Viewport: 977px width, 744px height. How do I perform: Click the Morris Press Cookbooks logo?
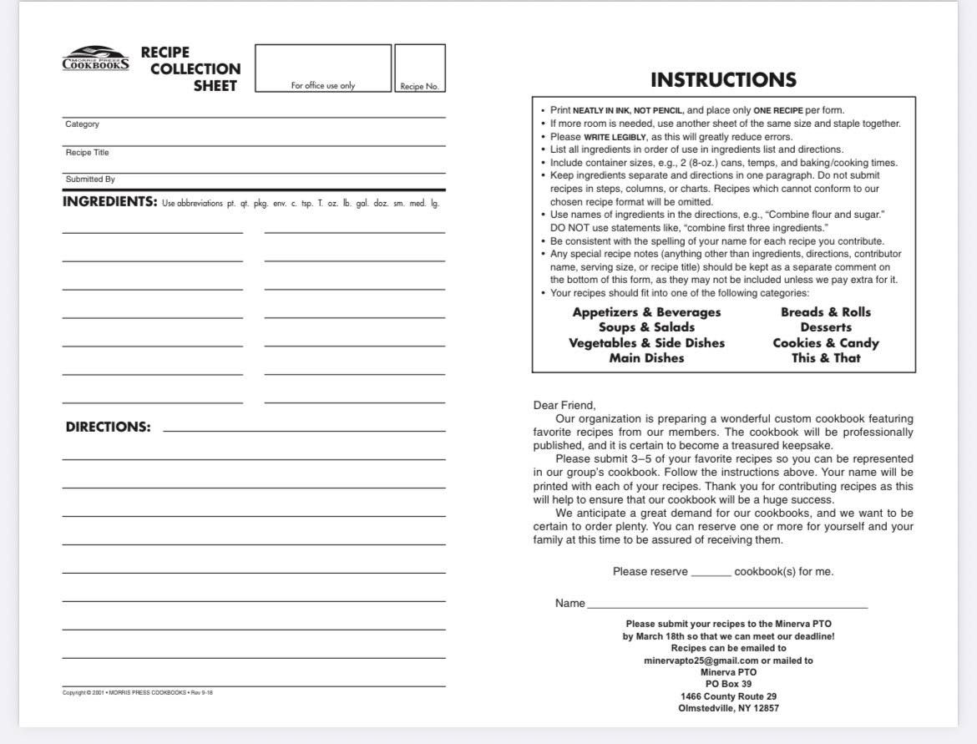[x=96, y=58]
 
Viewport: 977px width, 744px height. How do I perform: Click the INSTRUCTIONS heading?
[x=723, y=80]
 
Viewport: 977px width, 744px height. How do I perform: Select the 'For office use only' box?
[x=323, y=68]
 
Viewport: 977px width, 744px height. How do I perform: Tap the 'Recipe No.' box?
[x=419, y=68]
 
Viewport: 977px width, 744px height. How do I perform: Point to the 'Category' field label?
[x=82, y=124]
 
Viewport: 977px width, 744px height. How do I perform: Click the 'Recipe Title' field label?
[x=87, y=153]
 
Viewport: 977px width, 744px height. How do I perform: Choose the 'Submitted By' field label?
[x=90, y=180]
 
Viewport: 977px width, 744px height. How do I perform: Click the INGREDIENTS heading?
[x=109, y=202]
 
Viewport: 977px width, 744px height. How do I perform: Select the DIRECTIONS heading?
[x=109, y=428]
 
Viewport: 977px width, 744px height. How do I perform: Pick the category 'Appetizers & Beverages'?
[x=646, y=312]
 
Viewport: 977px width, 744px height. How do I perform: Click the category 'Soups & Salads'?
[x=646, y=327]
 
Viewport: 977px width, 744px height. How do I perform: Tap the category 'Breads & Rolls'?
[x=826, y=312]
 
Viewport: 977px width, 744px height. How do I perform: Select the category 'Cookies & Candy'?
[x=826, y=343]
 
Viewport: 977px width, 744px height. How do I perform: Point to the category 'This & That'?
[x=826, y=358]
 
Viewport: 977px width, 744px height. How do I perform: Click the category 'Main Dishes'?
[x=646, y=358]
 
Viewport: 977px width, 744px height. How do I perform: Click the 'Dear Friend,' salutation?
[x=564, y=406]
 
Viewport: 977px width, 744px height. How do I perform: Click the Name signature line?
[x=726, y=605]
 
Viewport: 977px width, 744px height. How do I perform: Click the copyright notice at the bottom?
[x=138, y=692]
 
